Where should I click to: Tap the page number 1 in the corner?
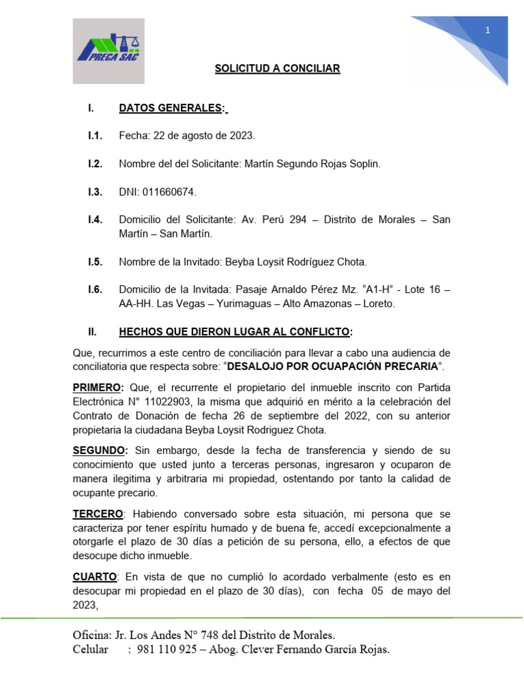point(488,30)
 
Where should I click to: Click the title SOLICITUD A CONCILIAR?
point(277,69)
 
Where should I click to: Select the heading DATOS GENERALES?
point(173,108)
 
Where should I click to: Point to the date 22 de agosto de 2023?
point(203,136)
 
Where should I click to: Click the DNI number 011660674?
point(168,192)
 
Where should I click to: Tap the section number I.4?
point(95,220)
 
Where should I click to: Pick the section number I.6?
point(95,289)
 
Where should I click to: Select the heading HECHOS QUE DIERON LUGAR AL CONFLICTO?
point(235,332)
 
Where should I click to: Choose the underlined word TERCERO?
point(98,513)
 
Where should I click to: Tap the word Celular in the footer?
point(91,649)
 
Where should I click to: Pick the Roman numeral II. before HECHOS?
point(93,332)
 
